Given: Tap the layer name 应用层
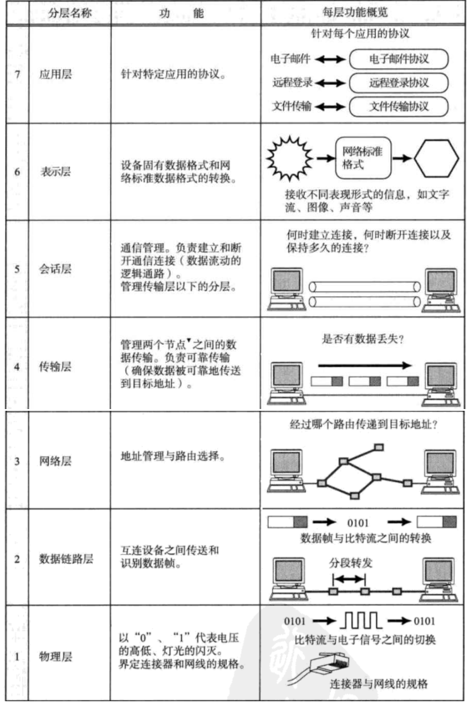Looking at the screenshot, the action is (x=56, y=74).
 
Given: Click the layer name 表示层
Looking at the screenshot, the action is (x=56, y=171).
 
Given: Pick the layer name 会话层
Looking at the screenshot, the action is (x=56, y=268).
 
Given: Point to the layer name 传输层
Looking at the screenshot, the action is (x=56, y=367).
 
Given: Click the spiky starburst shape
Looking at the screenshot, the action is (x=290, y=156).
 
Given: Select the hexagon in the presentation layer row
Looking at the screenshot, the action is (x=437, y=158).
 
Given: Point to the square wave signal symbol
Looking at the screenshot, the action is (x=362, y=620).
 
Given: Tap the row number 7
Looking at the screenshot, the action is (x=17, y=75).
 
